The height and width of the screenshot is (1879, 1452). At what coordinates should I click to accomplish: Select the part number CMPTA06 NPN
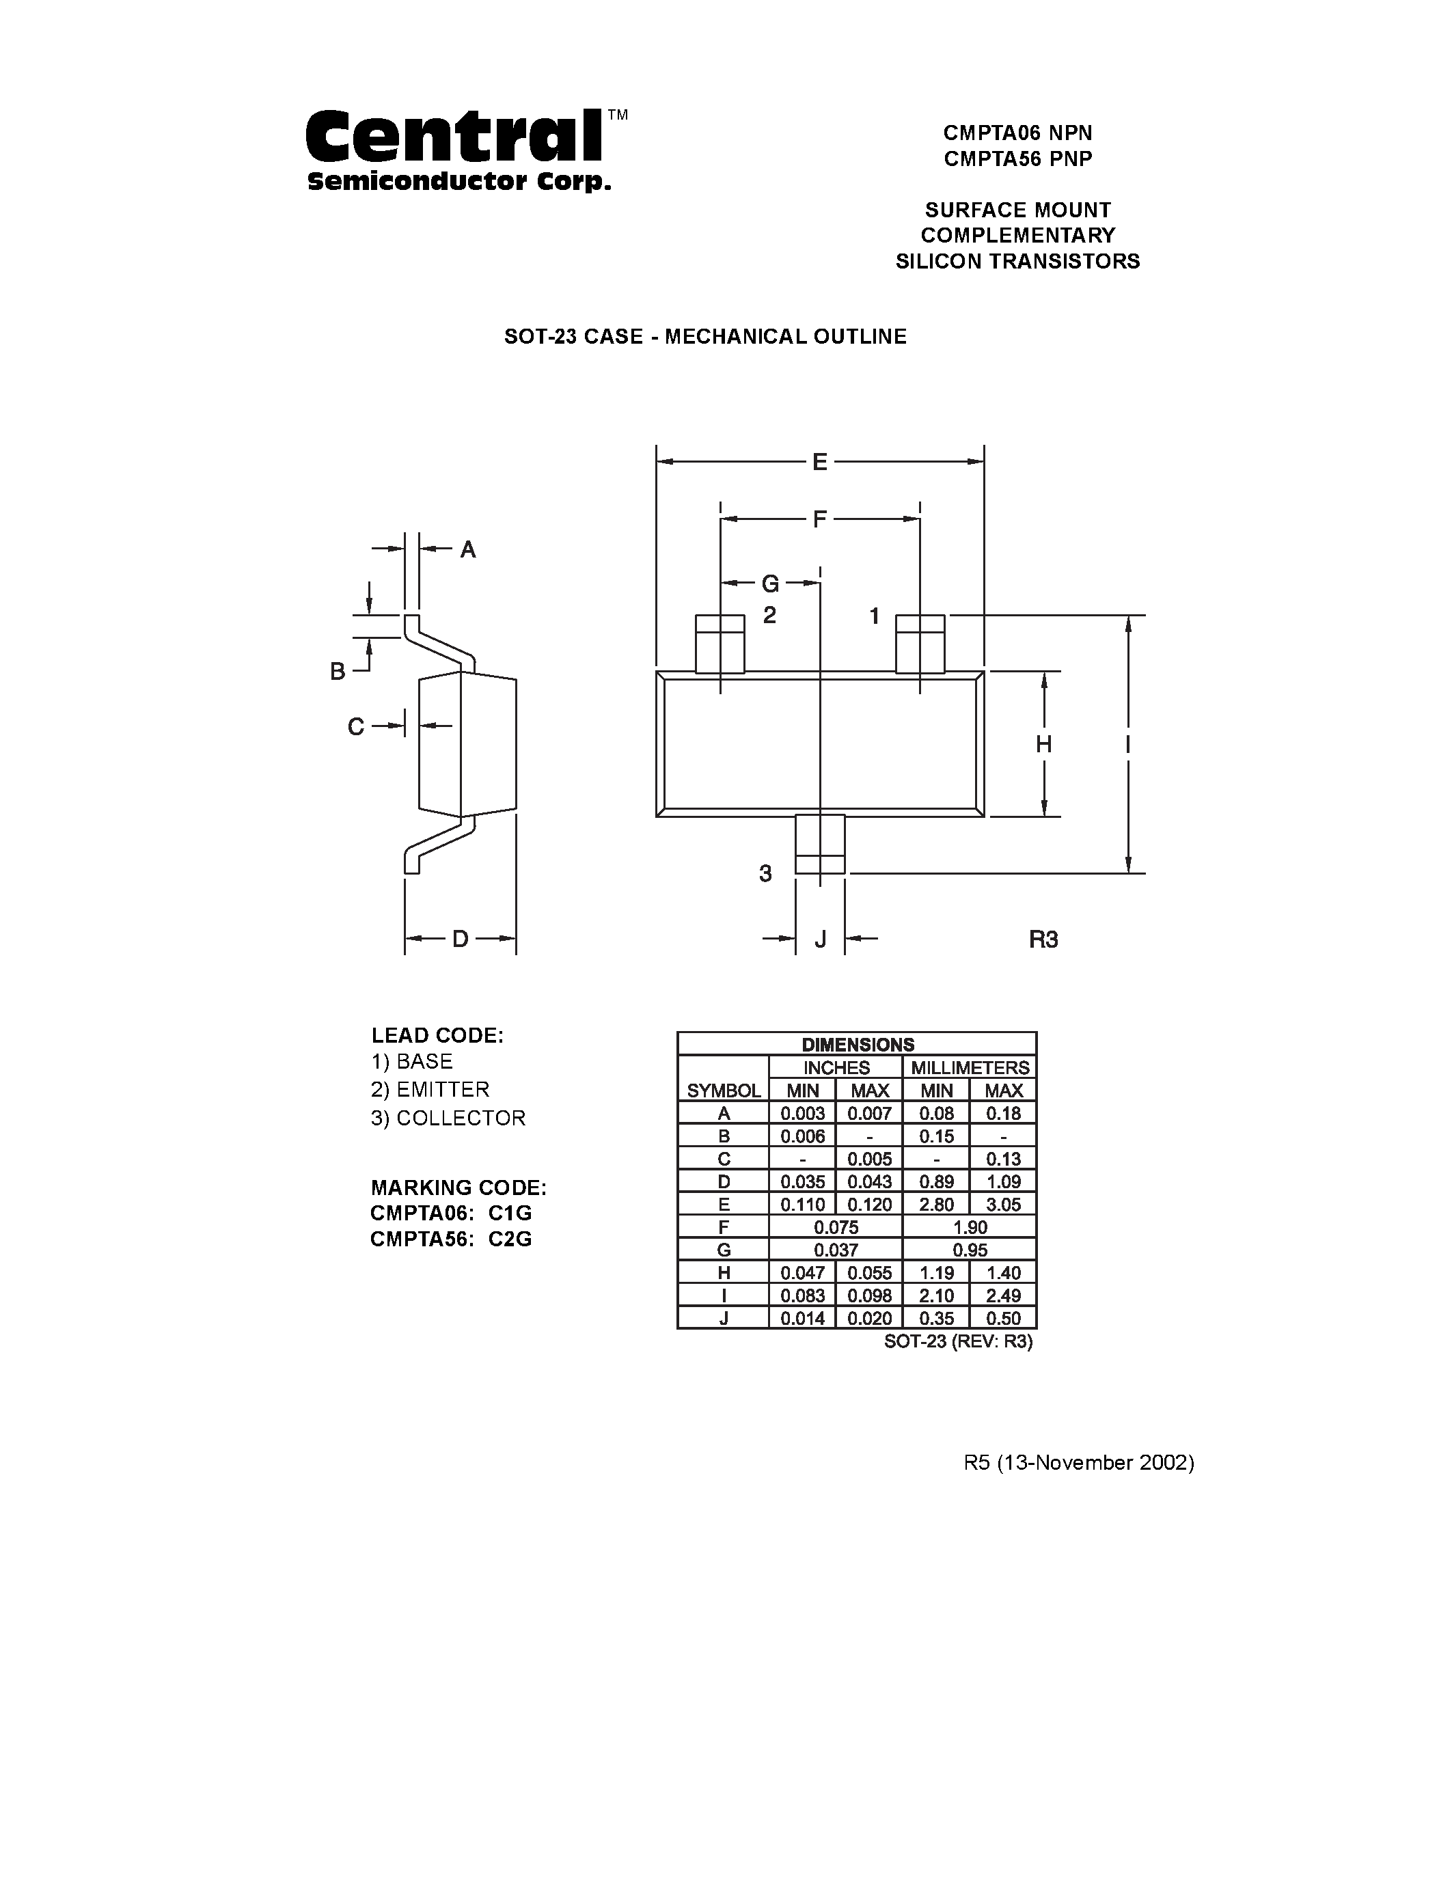pyautogui.click(x=1017, y=133)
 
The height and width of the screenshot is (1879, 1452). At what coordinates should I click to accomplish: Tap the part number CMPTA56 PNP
pyautogui.click(x=1017, y=159)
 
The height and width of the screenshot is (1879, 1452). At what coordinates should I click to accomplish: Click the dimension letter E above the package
pyautogui.click(x=820, y=463)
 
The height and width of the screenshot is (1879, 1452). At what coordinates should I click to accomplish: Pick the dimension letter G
pyautogui.click(x=770, y=584)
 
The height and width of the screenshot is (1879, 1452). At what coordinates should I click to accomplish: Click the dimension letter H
pyautogui.click(x=1043, y=744)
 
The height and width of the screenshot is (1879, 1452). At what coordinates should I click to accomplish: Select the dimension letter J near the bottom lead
pyautogui.click(x=820, y=939)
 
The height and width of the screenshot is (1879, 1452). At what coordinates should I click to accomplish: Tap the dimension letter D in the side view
pyautogui.click(x=461, y=939)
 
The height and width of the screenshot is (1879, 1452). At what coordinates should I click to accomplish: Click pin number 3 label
pyautogui.click(x=765, y=874)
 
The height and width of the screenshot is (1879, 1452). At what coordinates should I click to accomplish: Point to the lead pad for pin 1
pyautogui.click(x=920, y=644)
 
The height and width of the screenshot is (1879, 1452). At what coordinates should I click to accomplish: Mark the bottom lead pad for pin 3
pyautogui.click(x=820, y=845)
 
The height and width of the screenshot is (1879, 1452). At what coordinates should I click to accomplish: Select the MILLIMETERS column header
pyautogui.click(x=970, y=1068)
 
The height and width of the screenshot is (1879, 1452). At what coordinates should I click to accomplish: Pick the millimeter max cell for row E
pyautogui.click(x=1003, y=1205)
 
